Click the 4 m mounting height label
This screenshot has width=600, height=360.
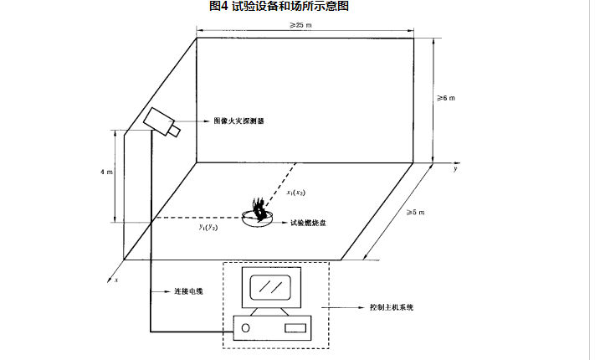[105, 171]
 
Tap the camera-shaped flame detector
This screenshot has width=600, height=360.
[161, 121]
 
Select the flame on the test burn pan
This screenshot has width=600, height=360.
[260, 208]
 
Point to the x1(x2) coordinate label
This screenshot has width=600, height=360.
[297, 192]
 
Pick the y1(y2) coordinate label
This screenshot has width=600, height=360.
[208, 227]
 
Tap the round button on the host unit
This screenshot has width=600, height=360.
[246, 328]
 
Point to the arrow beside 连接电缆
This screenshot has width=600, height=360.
[162, 291]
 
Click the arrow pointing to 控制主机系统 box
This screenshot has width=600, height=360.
[344, 307]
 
